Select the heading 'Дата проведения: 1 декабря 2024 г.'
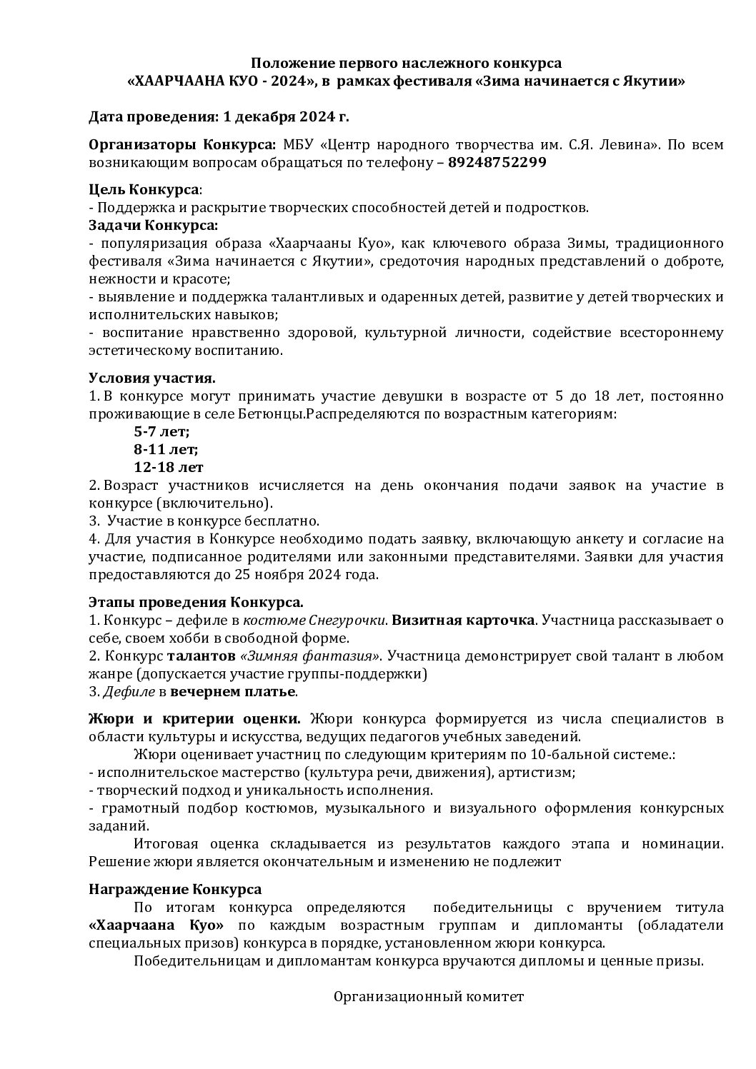coord(219,116)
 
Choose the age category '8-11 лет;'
coord(166,449)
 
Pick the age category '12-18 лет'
coord(168,468)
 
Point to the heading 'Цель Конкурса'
coord(144,190)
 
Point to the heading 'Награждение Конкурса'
coord(175,890)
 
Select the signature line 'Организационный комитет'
coord(429,997)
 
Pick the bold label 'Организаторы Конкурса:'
coord(182,144)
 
